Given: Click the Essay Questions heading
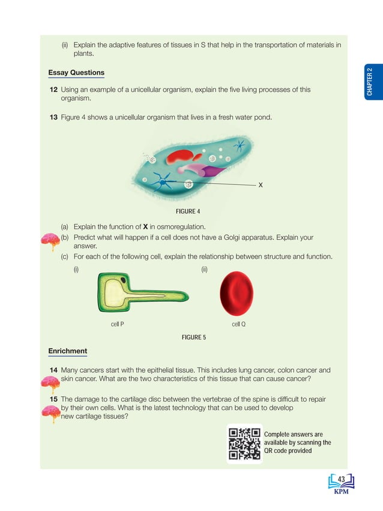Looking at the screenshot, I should pyautogui.click(x=76, y=73).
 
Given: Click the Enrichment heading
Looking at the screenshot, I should pyautogui.click(x=67, y=351).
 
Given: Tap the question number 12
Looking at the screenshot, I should pyautogui.click(x=53, y=89).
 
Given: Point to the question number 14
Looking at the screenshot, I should pyautogui.click(x=53, y=370).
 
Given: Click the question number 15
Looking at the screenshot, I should pyautogui.click(x=53, y=399).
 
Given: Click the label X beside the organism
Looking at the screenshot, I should pyautogui.click(x=260, y=185).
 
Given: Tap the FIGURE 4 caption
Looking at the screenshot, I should pyautogui.click(x=187, y=211).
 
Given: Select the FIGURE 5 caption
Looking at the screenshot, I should pyautogui.click(x=193, y=337).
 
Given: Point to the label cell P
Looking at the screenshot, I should pyautogui.click(x=118, y=324).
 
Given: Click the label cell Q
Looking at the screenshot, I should pyautogui.click(x=238, y=324).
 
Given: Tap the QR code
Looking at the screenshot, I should pyautogui.click(x=244, y=444).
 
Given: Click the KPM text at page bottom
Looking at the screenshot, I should pyautogui.click(x=340, y=492).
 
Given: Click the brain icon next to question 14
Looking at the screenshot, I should pyautogui.click(x=49, y=382).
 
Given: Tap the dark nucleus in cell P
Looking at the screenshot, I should pyautogui.click(x=123, y=280).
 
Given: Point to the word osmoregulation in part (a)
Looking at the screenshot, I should pyautogui.click(x=179, y=226).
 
